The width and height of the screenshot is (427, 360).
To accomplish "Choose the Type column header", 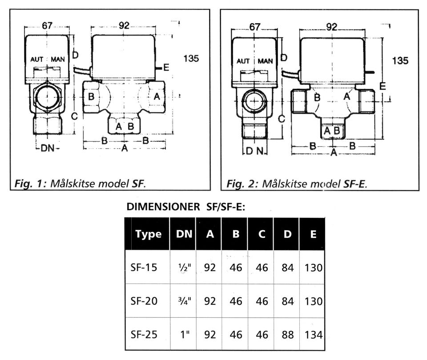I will [149, 234].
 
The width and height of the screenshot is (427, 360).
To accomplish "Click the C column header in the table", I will [262, 234].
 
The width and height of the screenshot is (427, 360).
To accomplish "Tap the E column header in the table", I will [314, 234].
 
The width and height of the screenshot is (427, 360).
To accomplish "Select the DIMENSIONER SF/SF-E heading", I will [186, 207].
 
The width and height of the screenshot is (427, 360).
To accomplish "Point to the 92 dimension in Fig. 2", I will [331, 27].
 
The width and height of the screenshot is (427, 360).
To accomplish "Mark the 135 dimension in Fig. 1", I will [190, 58].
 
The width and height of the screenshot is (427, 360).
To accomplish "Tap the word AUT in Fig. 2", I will [243, 61].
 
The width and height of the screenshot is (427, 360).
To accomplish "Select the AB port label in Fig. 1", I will [125, 126].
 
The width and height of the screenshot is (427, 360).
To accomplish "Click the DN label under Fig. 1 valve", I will [48, 148].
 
